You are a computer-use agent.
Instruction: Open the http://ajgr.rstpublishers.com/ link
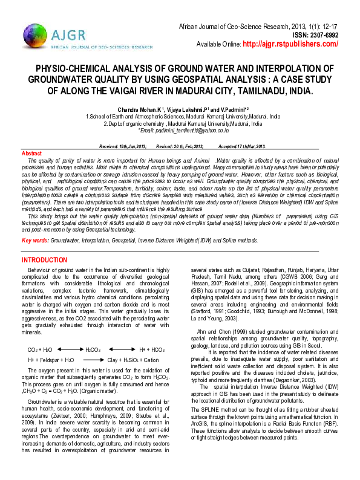pos(289,44)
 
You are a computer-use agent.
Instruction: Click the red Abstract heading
pos(31,154)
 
